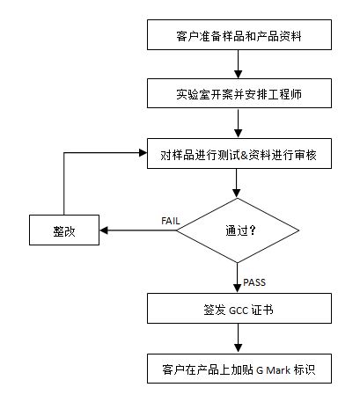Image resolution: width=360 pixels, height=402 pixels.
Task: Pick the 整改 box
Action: [63, 231]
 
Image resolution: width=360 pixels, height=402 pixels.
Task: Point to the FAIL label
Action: [171, 219]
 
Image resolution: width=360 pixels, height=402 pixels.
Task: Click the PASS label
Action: [255, 282]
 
